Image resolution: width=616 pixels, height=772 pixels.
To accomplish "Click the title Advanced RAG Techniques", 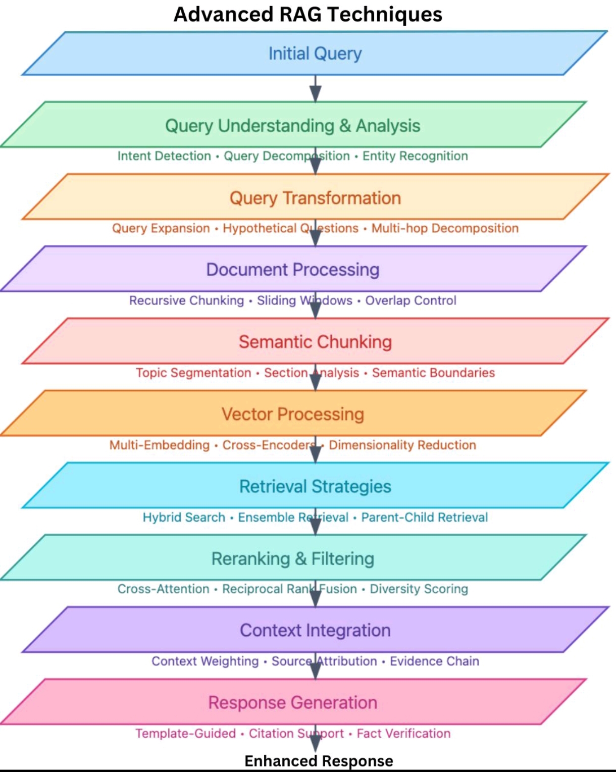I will click(x=307, y=15).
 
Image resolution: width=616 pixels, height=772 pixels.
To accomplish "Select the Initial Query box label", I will click(x=315, y=54).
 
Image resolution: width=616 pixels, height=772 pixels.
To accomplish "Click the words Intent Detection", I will click(x=164, y=156).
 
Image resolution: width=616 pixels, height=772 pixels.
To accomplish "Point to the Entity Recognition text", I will click(x=415, y=156).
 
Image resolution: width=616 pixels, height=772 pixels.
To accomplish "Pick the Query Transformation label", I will click(x=315, y=198).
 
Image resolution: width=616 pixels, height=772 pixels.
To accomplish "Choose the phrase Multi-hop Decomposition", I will click(x=445, y=228).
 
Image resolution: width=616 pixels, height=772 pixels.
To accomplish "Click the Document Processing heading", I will click(x=292, y=270).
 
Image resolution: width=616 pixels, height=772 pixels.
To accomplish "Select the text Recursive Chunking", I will click(x=186, y=300).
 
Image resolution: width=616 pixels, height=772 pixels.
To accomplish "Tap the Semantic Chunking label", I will click(x=315, y=342).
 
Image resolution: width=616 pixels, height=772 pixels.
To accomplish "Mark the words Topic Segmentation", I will click(x=193, y=373).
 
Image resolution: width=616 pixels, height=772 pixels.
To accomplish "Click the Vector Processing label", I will click(x=292, y=414).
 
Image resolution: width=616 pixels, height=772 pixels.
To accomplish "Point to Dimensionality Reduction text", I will click(x=402, y=445).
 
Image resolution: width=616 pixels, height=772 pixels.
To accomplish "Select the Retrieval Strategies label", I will click(x=315, y=486).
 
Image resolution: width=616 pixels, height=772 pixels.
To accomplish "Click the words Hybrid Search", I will click(x=184, y=518).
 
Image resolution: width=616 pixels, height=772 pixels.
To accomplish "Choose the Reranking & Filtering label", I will click(x=292, y=558).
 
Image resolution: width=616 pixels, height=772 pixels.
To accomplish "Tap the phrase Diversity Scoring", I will click(x=419, y=589).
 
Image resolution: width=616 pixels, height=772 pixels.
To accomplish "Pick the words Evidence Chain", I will click(x=434, y=661).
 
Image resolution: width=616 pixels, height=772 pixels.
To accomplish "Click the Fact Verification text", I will click(x=403, y=734).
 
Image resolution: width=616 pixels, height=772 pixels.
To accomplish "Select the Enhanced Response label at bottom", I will click(x=319, y=761).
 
